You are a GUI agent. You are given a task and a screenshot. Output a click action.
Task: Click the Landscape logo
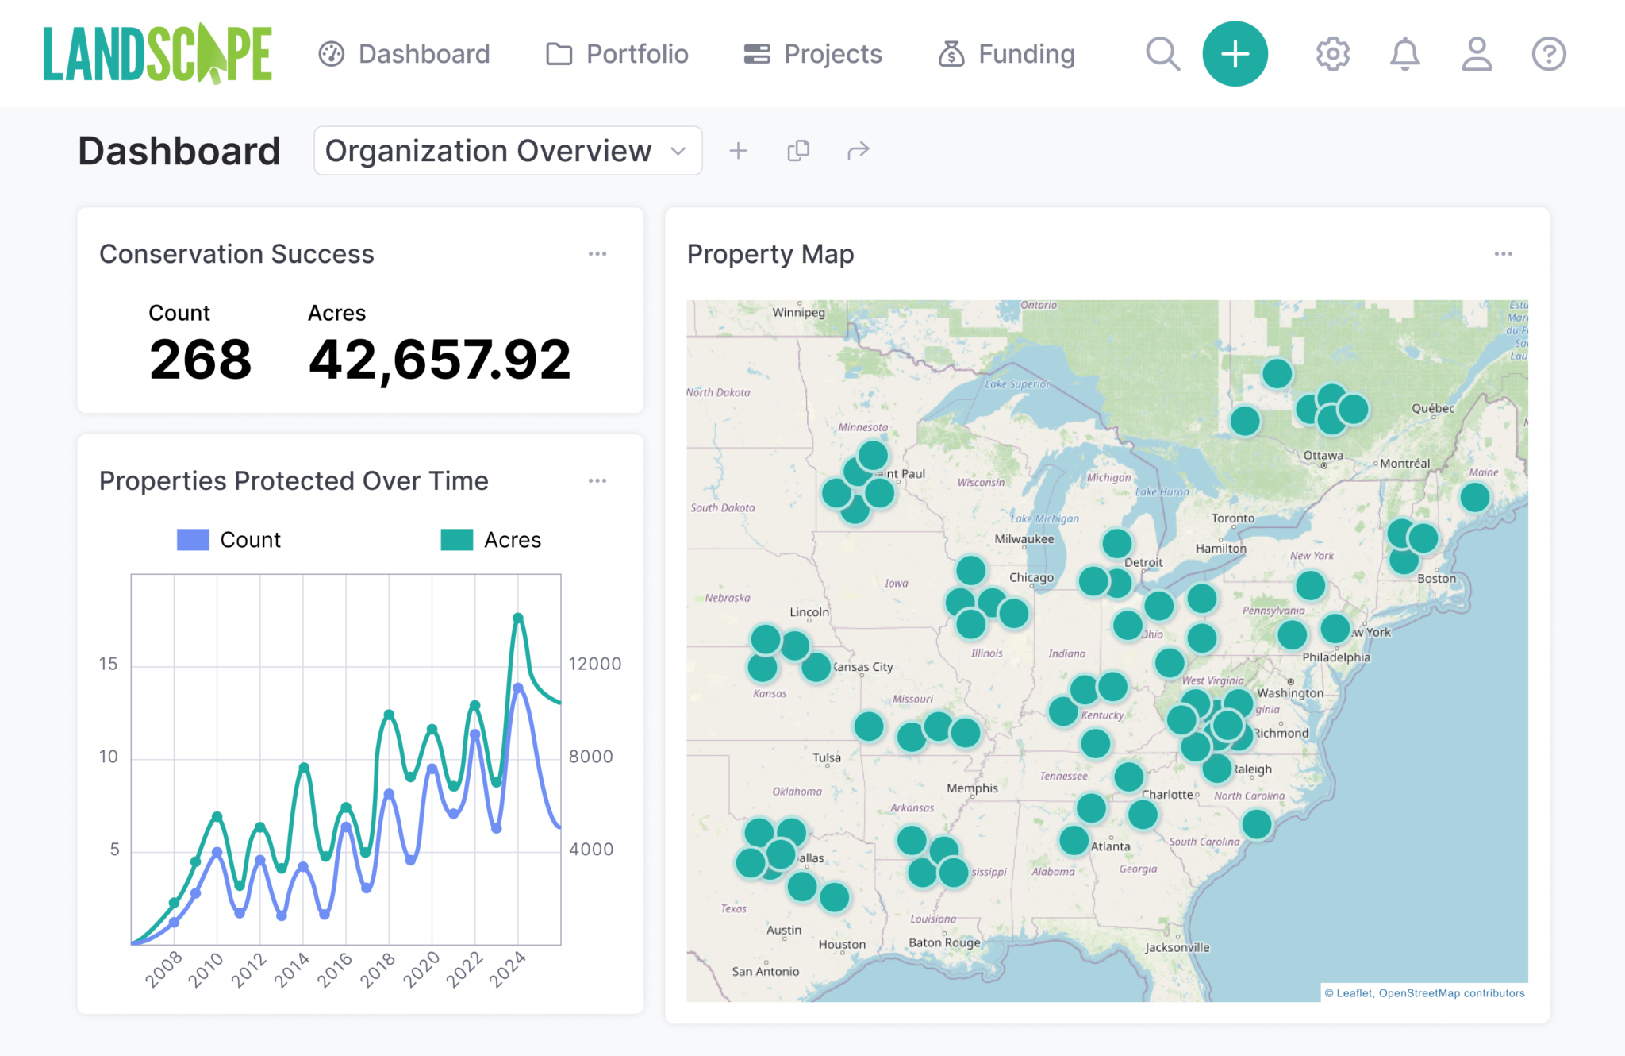point(157,54)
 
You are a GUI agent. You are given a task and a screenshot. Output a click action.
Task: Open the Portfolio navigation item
point(617,54)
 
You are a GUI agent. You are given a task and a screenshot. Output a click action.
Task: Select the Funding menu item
point(1006,54)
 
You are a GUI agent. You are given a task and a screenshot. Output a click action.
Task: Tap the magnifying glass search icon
point(1162,54)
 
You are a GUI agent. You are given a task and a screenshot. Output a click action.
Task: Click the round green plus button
point(1235,54)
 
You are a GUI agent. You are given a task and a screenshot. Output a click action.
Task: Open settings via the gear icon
point(1332,54)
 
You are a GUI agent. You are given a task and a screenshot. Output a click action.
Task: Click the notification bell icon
point(1404,54)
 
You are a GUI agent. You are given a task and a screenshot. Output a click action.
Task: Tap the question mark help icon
point(1548,54)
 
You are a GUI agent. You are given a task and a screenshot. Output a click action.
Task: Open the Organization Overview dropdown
point(508,151)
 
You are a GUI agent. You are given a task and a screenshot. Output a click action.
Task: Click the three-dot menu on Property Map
point(1503,254)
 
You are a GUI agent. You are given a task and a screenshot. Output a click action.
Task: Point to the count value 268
point(200,360)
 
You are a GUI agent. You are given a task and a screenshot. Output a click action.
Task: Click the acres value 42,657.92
point(439,360)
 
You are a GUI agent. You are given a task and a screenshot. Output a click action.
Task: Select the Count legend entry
point(229,540)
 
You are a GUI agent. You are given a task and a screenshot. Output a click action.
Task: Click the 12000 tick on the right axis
point(594,664)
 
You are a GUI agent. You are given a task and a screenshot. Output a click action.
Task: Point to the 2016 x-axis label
point(335,969)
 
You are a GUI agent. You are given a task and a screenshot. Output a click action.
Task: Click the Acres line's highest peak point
point(518,618)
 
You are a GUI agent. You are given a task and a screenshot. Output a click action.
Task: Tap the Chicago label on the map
point(1031,577)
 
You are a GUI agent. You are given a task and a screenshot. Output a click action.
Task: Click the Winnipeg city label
point(798,312)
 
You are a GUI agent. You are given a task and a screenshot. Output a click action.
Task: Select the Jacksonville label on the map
point(1177,947)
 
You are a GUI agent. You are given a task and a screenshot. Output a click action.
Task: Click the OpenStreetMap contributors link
point(1451,993)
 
